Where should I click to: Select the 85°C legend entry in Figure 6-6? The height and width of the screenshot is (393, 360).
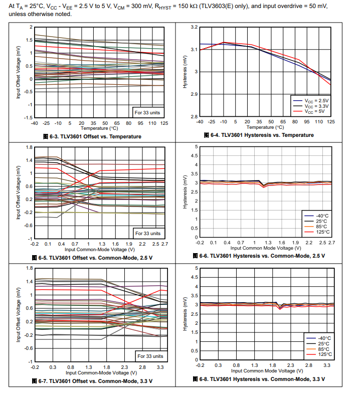321,226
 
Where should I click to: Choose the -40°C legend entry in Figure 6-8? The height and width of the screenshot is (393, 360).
321,337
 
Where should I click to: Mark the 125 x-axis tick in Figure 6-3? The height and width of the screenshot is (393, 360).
164,123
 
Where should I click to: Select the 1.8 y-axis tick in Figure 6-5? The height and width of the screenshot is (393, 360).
29,147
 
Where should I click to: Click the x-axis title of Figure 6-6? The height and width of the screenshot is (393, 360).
266,248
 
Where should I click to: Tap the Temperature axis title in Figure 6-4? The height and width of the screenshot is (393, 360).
266,127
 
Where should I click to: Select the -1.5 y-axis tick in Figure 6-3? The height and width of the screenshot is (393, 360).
28,117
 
